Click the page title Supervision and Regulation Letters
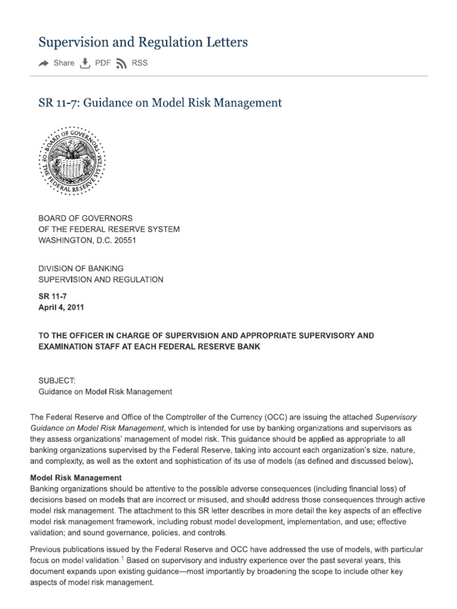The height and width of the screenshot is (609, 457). (x=143, y=42)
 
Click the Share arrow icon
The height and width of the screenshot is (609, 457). (x=44, y=64)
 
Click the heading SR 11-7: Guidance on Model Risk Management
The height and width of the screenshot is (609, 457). (x=160, y=103)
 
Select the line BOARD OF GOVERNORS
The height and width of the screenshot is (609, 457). (x=86, y=218)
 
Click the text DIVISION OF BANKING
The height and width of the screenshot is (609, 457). (x=81, y=269)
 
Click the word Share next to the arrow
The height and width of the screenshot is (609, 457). (x=64, y=64)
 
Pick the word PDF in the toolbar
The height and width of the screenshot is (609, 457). (x=102, y=64)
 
